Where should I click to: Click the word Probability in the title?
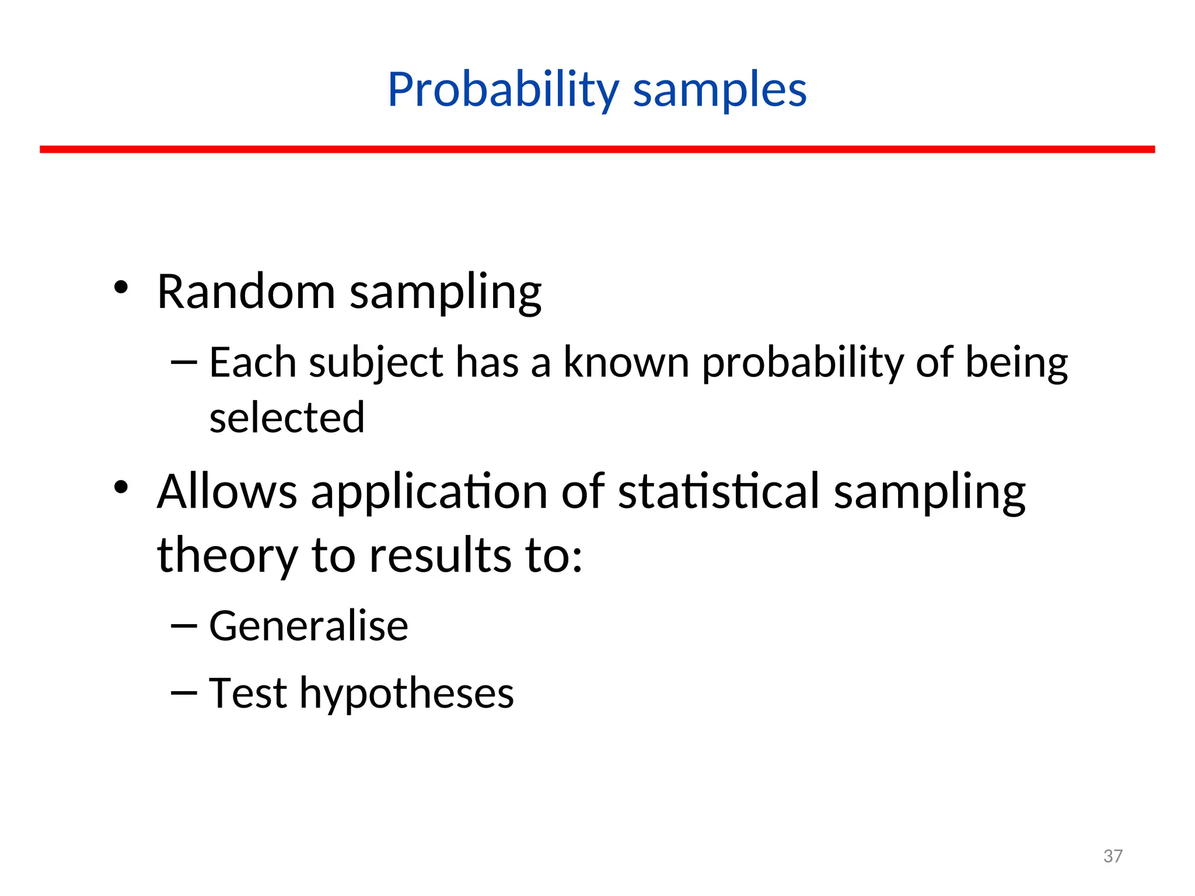pyautogui.click(x=503, y=90)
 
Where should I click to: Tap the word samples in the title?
pyautogui.click(x=719, y=90)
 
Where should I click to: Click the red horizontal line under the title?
pyautogui.click(x=597, y=150)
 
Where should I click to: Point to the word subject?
pyautogui.click(x=376, y=363)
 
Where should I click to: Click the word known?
pyautogui.click(x=626, y=363)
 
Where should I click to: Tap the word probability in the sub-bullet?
pyautogui.click(x=802, y=363)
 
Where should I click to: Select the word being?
pyautogui.click(x=1016, y=363)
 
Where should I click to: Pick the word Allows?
pyautogui.click(x=227, y=491)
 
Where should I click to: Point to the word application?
pyautogui.click(x=429, y=491)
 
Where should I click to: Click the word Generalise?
pyautogui.click(x=308, y=626)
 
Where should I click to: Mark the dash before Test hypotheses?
pyautogui.click(x=184, y=692)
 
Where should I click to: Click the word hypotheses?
pyautogui.click(x=406, y=694)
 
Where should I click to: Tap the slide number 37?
pyautogui.click(x=1113, y=856)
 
